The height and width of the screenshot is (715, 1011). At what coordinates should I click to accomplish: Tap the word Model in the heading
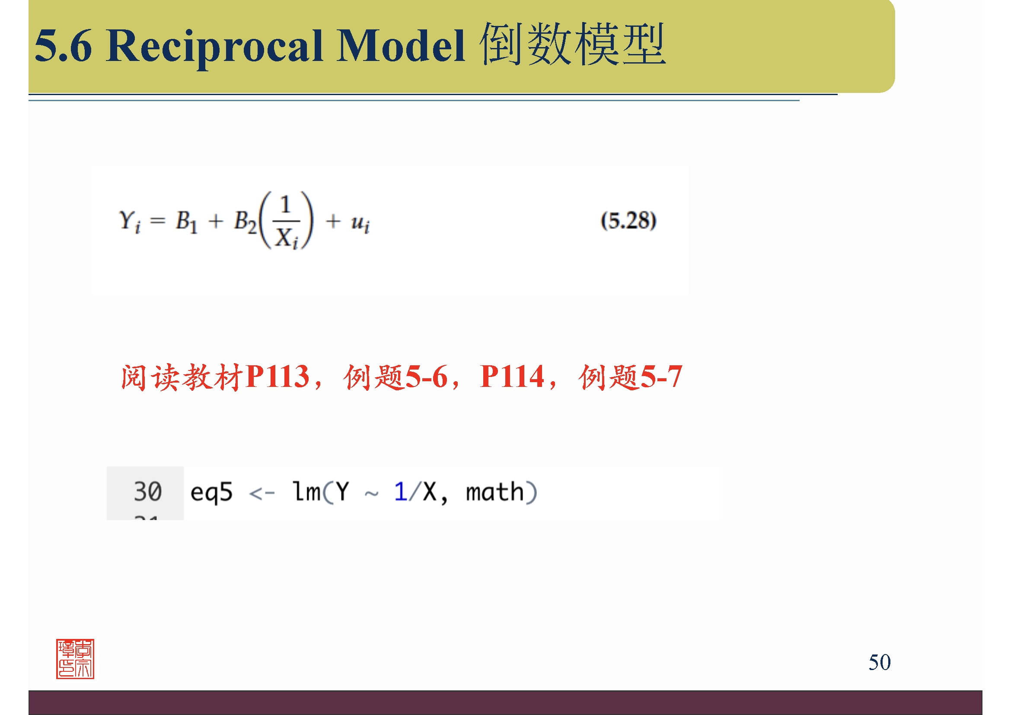(x=400, y=45)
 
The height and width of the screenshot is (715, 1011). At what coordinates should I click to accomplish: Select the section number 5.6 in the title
(x=64, y=45)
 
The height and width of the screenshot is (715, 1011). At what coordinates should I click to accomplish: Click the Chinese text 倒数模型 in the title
(x=572, y=44)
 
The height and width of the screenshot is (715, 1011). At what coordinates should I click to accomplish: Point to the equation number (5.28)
(x=628, y=220)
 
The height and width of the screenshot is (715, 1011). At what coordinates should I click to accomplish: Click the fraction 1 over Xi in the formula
(x=287, y=221)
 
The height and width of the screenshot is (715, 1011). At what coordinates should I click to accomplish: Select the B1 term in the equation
(x=187, y=221)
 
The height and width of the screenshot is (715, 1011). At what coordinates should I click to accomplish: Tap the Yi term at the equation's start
(x=130, y=221)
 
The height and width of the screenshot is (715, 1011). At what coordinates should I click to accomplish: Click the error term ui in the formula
(x=360, y=222)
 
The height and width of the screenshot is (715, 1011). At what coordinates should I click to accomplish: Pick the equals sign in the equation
(x=158, y=220)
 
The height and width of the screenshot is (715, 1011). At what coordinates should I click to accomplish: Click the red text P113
(x=277, y=377)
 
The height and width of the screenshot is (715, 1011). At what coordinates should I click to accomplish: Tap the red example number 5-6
(x=426, y=377)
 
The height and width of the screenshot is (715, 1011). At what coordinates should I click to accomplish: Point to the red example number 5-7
(x=661, y=377)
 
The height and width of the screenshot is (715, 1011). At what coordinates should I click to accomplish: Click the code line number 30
(x=147, y=492)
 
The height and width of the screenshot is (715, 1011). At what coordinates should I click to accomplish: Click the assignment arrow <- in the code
(x=262, y=493)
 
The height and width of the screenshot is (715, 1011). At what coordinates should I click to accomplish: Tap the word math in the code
(x=494, y=492)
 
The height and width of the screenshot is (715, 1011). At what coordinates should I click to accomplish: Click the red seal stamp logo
(x=75, y=659)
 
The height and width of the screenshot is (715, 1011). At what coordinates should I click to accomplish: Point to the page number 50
(x=879, y=662)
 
